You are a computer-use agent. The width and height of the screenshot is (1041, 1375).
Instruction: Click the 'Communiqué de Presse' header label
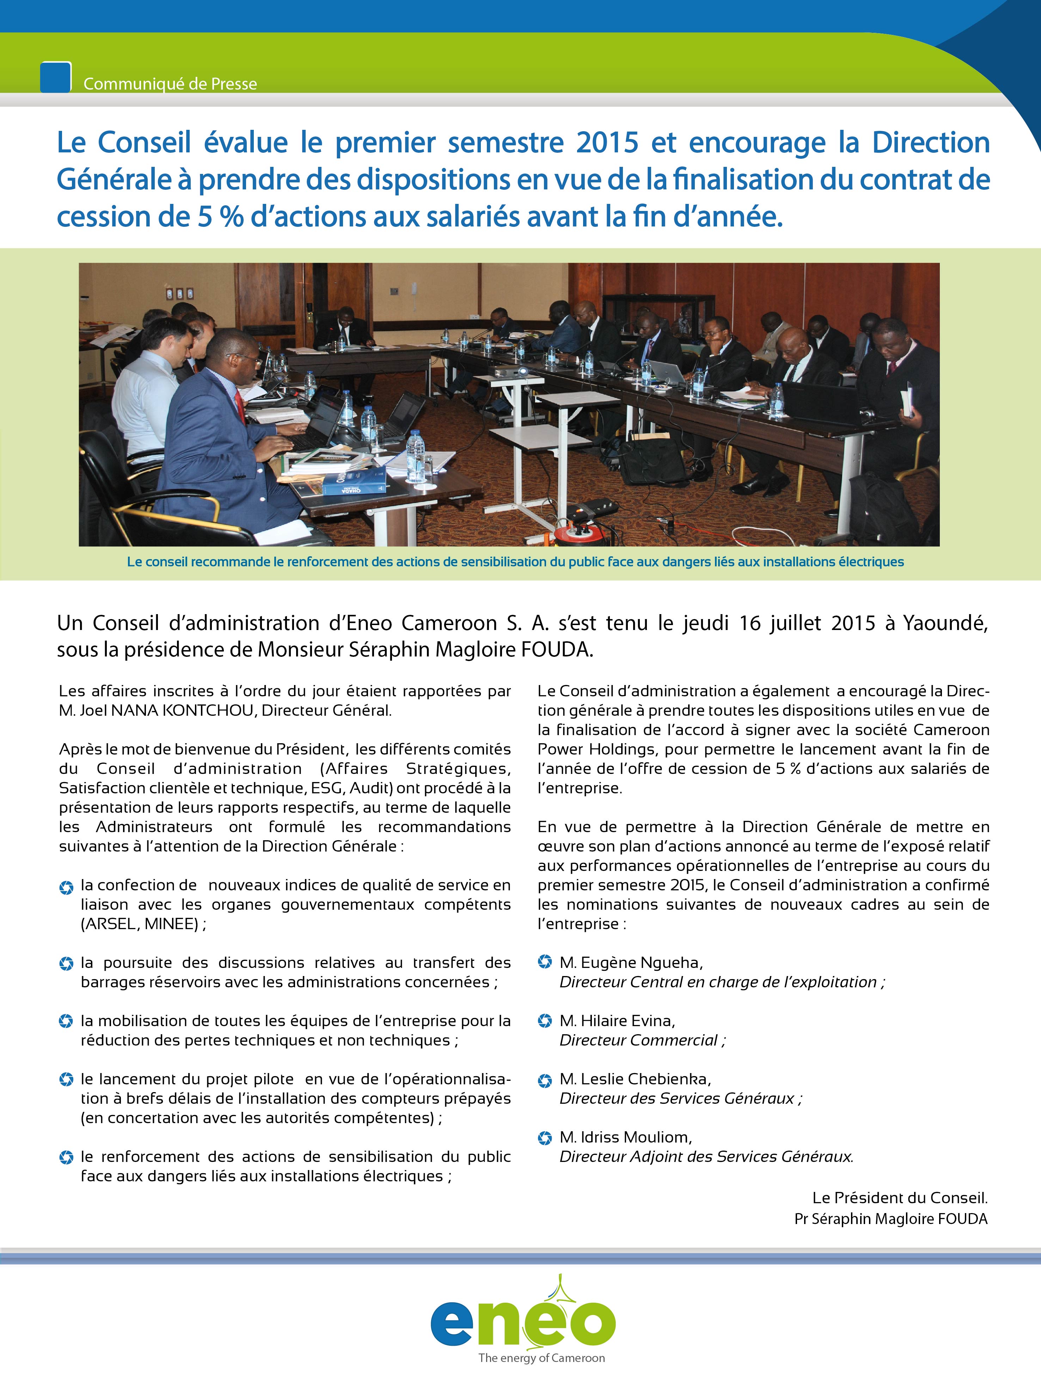tap(170, 84)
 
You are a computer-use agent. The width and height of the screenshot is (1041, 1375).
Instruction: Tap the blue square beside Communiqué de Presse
tap(55, 78)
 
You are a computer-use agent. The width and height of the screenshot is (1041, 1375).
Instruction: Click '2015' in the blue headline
tap(606, 143)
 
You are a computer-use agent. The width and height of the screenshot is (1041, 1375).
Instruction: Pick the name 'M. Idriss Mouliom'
tap(625, 1137)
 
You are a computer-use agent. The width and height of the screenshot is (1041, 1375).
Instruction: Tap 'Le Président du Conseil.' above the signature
tap(899, 1197)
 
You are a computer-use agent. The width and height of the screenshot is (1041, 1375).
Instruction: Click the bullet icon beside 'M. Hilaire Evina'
tap(545, 1021)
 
